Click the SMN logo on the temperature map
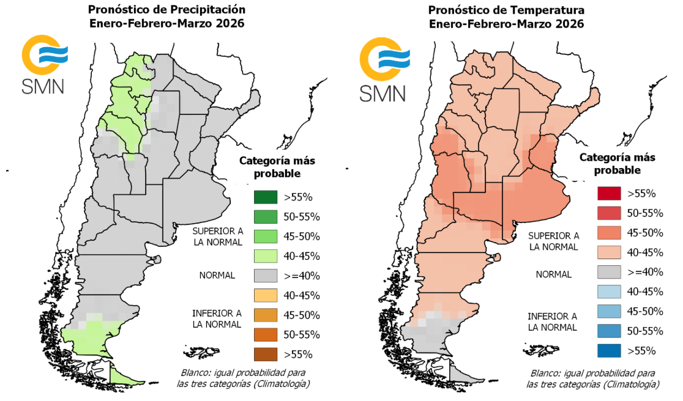click(383, 68)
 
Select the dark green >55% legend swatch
click(266, 197)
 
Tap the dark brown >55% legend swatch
click(266, 354)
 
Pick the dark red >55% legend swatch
click(609, 194)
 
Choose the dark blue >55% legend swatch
click(609, 350)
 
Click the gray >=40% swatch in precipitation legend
click(266, 276)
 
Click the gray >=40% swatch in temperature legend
click(609, 272)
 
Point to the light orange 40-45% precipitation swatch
click(266, 295)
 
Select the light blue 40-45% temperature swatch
click(609, 292)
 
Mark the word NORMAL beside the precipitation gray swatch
click(217, 276)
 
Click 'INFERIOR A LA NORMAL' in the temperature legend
click(553, 322)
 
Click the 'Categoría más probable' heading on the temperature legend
click(617, 163)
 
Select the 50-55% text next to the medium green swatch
click(302, 217)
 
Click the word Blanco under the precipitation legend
click(194, 373)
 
